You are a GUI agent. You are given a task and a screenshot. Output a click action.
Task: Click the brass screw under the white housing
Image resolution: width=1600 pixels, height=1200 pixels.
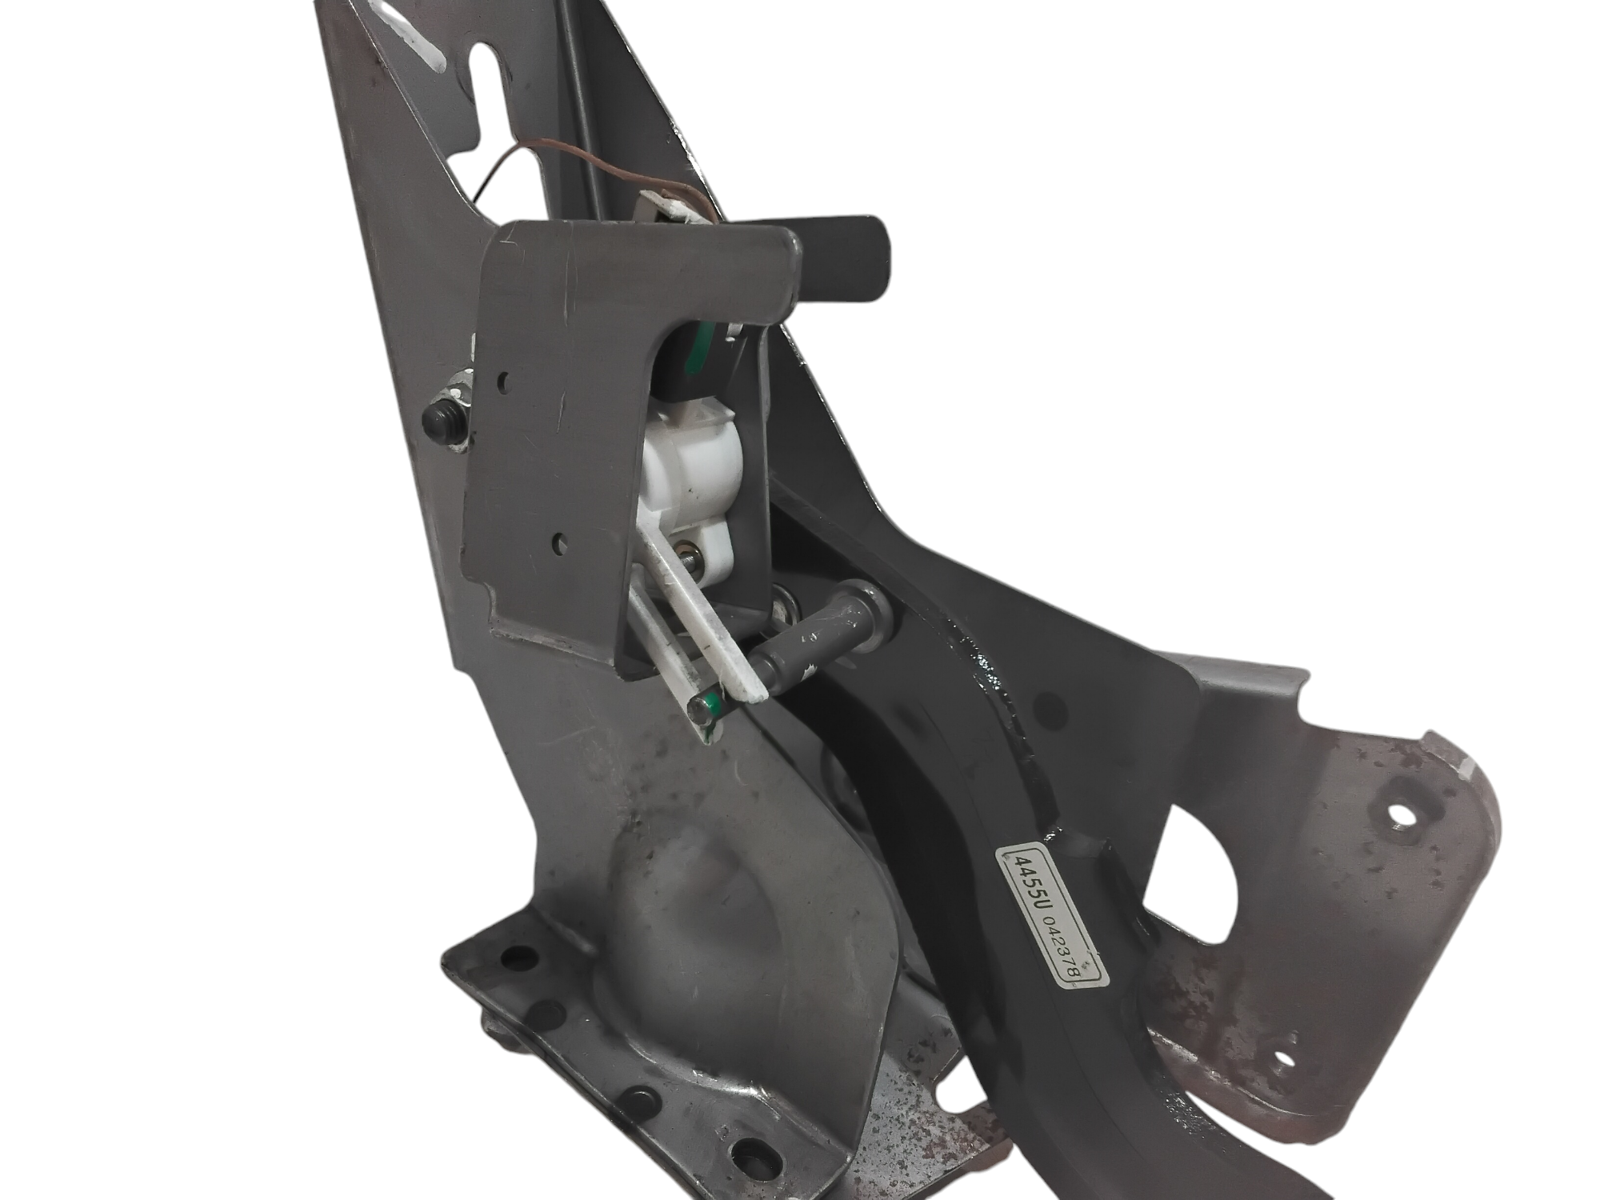click(684, 552)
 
